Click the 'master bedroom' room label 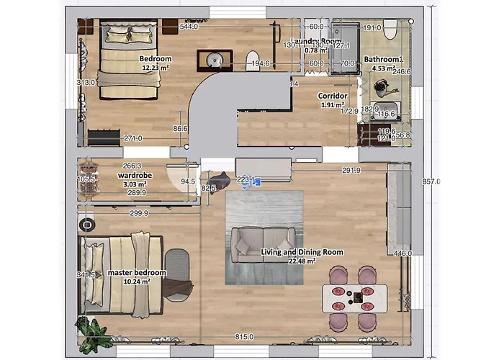[x=137, y=273]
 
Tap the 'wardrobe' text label [x=133, y=175]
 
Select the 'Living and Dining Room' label [x=302, y=252]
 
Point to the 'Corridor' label [x=333, y=96]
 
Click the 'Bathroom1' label [x=383, y=60]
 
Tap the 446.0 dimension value [x=402, y=253]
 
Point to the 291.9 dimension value [x=351, y=171]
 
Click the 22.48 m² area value [x=302, y=261]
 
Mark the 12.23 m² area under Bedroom [x=155, y=68]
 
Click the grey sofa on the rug [x=263, y=244]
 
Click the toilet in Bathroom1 [x=390, y=29]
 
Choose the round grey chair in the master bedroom [x=176, y=264]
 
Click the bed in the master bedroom [x=122, y=275]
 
